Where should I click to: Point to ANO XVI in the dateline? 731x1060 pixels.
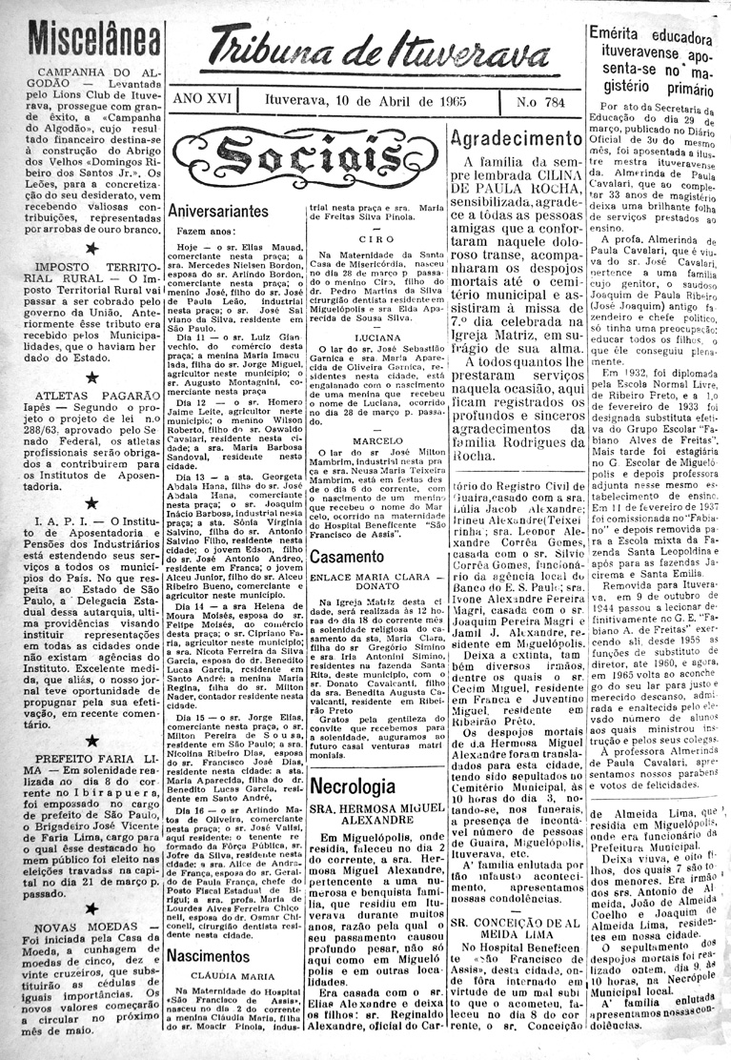202,100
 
